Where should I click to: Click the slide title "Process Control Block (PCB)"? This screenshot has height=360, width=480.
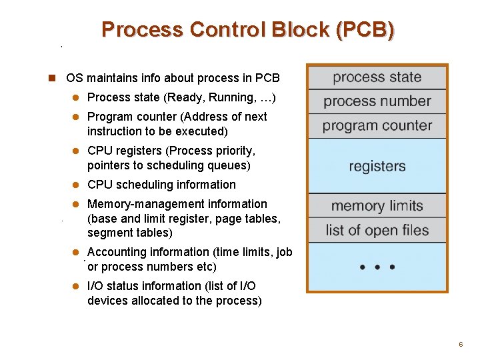247,30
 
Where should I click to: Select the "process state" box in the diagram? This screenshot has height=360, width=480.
377,77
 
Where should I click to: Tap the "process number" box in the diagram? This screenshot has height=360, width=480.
377,101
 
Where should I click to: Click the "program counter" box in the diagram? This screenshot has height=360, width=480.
377,126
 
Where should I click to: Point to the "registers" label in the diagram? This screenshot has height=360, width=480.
377,166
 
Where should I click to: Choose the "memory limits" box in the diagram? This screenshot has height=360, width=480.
377,206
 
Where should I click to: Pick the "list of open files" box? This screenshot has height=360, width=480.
377,231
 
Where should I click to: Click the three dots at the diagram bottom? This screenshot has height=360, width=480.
377,267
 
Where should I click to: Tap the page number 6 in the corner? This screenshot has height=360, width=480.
460,344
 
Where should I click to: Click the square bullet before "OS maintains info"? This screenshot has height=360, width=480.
51,78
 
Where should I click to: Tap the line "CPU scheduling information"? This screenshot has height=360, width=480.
161,185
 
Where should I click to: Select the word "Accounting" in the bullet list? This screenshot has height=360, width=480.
115,252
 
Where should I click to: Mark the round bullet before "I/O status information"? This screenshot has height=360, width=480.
76,287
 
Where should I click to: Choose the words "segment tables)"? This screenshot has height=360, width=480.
129,233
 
